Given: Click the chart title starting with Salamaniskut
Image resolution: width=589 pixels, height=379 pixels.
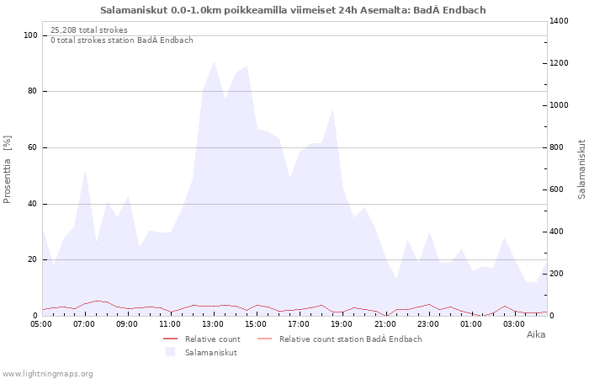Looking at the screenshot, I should [293, 10].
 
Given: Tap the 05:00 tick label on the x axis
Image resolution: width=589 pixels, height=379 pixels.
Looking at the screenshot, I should [42, 323].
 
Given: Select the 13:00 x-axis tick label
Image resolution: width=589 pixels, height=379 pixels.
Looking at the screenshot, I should [213, 323].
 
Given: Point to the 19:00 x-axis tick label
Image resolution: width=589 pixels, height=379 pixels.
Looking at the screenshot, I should [342, 323].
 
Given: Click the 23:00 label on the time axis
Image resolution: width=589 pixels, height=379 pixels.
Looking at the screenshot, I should [427, 323].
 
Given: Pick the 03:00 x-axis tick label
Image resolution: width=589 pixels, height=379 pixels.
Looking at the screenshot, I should [513, 323].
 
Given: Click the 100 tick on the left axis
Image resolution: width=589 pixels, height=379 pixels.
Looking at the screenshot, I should [31, 35].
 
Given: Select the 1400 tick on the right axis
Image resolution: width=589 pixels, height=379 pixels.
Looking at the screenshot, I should [560, 21].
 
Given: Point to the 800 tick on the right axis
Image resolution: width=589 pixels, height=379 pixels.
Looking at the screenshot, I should [559, 147].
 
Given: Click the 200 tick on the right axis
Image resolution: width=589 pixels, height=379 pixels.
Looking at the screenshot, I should [559, 274].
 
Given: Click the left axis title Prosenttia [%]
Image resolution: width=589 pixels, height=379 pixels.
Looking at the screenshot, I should [8, 168].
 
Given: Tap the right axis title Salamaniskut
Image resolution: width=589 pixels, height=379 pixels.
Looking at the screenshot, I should [581, 168].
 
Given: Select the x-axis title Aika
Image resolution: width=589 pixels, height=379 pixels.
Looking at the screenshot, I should [535, 334].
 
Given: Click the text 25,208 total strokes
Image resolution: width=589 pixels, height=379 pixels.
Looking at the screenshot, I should [89, 30].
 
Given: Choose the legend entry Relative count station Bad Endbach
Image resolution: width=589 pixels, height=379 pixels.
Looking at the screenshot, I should [350, 339].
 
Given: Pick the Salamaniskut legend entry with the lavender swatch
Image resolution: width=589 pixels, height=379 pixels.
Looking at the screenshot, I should [210, 352].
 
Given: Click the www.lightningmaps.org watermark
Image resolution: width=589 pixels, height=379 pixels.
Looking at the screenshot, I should [47, 374].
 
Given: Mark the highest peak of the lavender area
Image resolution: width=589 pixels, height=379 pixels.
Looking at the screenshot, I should [214, 61].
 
